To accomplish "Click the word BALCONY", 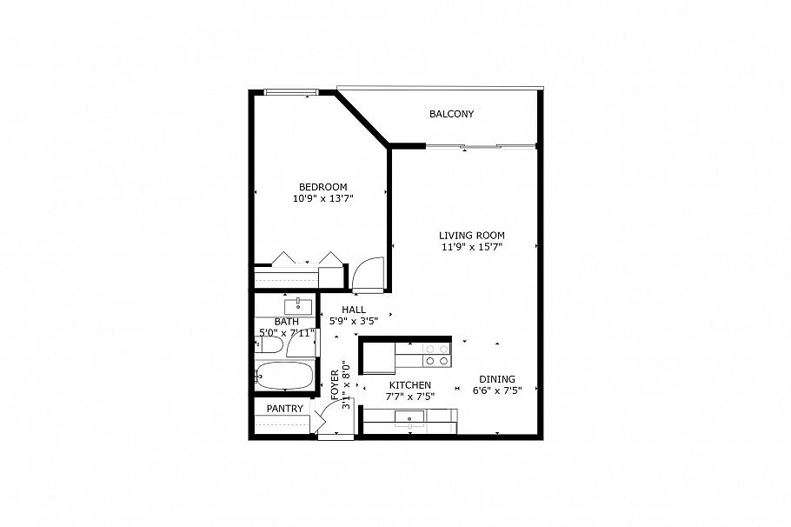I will click(451, 115).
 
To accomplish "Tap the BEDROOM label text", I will click(322, 187).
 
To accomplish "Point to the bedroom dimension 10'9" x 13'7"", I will click(322, 199).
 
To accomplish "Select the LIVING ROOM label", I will click(471, 236).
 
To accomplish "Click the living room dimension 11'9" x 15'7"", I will click(471, 247).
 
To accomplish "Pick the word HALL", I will click(353, 310).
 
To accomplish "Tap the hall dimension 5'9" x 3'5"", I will click(353, 321).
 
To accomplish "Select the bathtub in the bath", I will click(283, 377).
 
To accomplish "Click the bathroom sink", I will click(298, 304).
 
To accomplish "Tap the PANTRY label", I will click(284, 409).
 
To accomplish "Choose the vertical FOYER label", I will click(335, 383).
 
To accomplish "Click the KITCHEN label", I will click(409, 385).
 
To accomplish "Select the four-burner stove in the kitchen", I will click(435, 355).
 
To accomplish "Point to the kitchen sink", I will click(409, 418).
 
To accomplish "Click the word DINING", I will click(496, 379).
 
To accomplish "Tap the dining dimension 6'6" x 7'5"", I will click(496, 391).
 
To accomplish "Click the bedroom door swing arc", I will click(368, 271).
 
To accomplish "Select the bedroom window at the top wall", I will click(290, 92).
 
